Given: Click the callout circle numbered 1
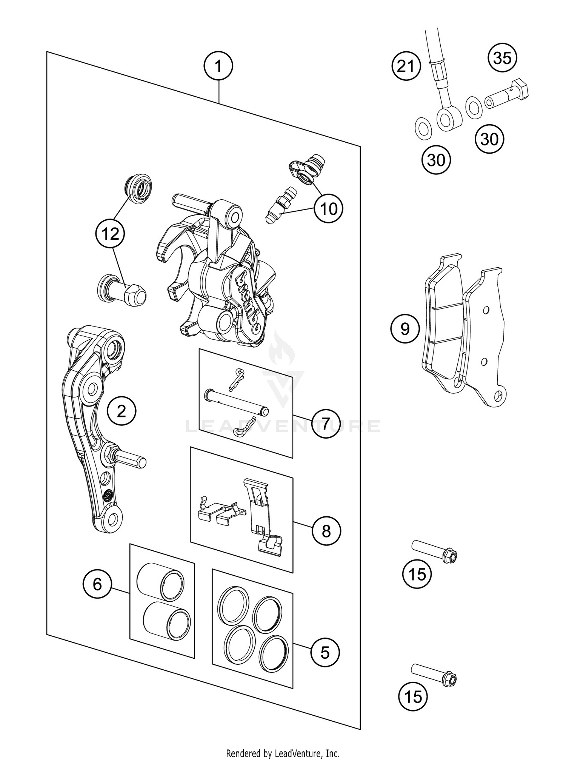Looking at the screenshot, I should pyautogui.click(x=218, y=66).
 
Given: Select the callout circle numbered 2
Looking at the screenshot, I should pyautogui.click(x=121, y=411).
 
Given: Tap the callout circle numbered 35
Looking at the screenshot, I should pyautogui.click(x=502, y=58).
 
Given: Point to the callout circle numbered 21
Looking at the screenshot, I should pyautogui.click(x=406, y=67).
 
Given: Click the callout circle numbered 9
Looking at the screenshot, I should pyautogui.click(x=405, y=329).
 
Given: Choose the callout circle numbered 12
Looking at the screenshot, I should pyautogui.click(x=110, y=234).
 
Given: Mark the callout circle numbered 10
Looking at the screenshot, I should pyautogui.click(x=329, y=209).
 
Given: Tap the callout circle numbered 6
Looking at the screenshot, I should pyautogui.click(x=97, y=585).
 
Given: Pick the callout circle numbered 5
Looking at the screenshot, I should pyautogui.click(x=325, y=652).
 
